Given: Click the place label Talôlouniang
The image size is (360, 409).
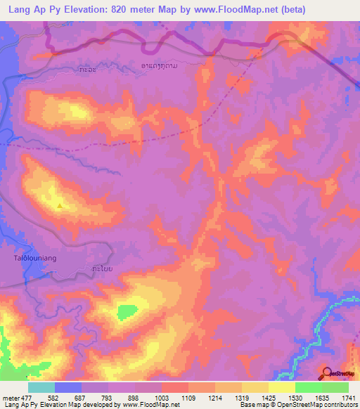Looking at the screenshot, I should point(35,259).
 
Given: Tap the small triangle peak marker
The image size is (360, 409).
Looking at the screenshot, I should point(60,206).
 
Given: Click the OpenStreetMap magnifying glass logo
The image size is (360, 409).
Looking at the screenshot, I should point(328,372).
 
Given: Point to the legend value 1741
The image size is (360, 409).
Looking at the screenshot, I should point(349,398).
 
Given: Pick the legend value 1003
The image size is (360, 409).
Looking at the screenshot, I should point(162,398).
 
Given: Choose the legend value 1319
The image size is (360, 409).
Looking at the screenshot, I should point(242,398).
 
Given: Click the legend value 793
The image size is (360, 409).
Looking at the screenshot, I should point(108,398).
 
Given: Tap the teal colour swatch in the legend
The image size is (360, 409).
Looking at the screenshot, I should point(41,387).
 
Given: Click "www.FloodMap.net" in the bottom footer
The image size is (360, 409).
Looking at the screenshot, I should point(150,405).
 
